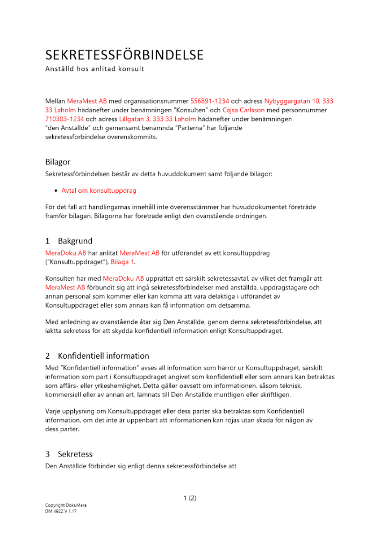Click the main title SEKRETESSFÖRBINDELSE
point(124,55)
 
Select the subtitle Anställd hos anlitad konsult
point(95,69)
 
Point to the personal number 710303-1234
point(64,119)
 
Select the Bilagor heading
point(58,162)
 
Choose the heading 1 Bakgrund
point(69,241)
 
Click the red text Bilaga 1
point(123,262)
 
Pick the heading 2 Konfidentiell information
point(97,355)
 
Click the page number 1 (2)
point(190,498)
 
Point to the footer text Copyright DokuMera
point(66,506)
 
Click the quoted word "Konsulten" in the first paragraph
point(185,110)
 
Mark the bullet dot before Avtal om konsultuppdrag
point(56,191)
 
